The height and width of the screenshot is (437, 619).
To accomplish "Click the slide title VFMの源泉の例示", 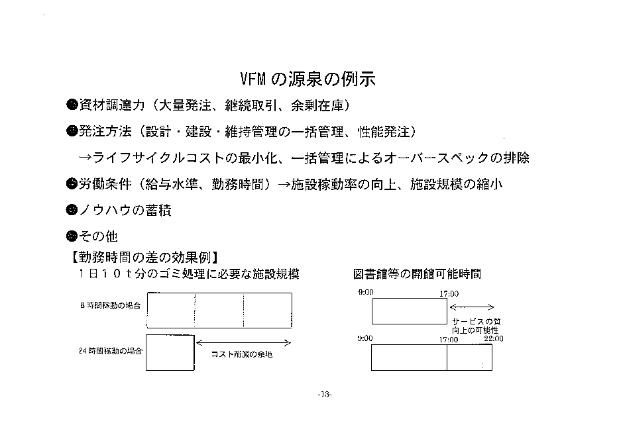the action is [308, 79].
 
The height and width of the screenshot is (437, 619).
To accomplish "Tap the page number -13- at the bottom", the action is [325, 394].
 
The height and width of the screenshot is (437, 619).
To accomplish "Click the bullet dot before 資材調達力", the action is [72, 105].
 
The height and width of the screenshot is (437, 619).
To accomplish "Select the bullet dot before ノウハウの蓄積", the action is [72, 210].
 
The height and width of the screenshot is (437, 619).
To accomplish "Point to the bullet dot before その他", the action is [72, 236].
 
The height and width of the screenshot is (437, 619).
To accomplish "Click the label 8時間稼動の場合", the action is [110, 305].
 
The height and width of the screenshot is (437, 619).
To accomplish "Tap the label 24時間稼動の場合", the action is [111, 351].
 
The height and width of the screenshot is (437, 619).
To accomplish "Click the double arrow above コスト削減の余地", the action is [244, 343].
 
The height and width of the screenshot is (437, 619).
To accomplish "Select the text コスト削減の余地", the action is [242, 354].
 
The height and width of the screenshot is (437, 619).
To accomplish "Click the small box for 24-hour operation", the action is [170, 353].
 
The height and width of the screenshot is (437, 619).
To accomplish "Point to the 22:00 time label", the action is [494, 338].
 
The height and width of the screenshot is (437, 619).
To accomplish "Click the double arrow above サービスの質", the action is [472, 307].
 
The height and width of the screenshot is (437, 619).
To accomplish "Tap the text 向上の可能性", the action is [475, 330].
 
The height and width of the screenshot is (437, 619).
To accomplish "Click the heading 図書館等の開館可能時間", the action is [417, 273].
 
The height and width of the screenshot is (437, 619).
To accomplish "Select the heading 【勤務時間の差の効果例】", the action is [144, 257].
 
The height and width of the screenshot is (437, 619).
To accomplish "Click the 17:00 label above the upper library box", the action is [449, 294].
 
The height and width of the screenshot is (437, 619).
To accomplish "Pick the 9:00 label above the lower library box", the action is [365, 338].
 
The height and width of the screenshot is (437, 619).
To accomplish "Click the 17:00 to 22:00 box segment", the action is [469, 358].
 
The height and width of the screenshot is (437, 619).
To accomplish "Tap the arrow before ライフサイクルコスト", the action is [85, 158].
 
